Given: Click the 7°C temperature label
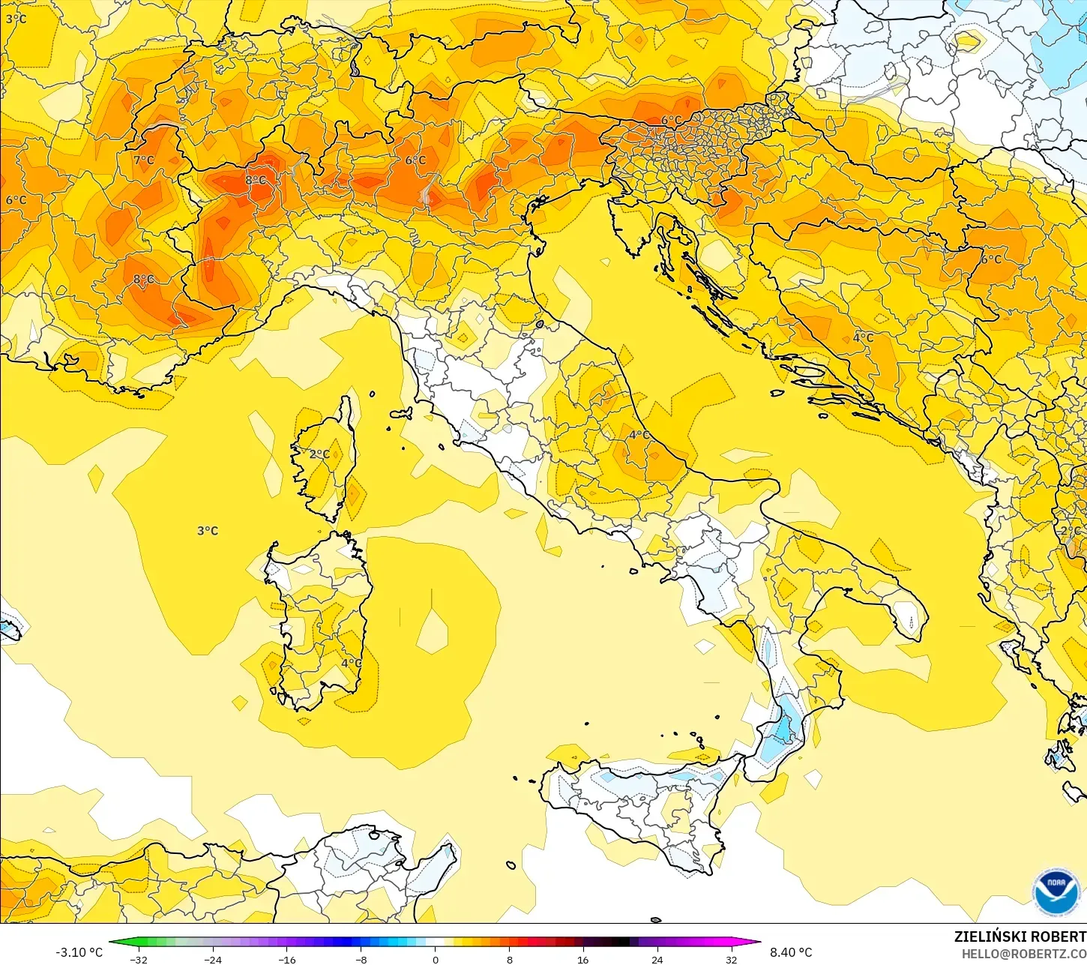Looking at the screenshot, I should tap(144, 160).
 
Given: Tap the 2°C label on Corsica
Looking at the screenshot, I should tap(319, 454).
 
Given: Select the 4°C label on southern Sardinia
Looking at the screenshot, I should tap(351, 663).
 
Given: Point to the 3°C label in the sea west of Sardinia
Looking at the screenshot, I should tap(208, 531).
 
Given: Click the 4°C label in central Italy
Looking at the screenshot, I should tap(639, 435).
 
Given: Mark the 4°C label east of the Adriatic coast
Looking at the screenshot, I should tap(863, 337).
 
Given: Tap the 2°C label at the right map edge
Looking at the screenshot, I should tap(1071, 531).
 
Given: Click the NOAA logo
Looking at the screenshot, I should tap(1056, 892).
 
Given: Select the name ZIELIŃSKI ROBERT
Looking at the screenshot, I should tap(1020, 937).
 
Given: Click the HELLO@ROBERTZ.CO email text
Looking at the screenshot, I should tap(1024, 954).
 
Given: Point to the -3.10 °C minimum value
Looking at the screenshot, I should tap(79, 952).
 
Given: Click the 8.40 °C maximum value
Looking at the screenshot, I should tap(791, 952).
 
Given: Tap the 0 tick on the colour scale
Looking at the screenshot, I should tap(435, 959).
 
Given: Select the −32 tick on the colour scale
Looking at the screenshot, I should tap(138, 959).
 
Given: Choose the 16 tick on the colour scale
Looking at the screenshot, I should tap(582, 959).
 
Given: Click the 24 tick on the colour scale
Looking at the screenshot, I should tap(657, 959).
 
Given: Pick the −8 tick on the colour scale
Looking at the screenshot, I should tap(361, 959).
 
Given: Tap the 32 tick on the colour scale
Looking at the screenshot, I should tap(731, 959).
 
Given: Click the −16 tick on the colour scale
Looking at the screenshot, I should tap(286, 959).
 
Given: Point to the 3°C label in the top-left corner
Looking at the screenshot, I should tap(16, 19).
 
